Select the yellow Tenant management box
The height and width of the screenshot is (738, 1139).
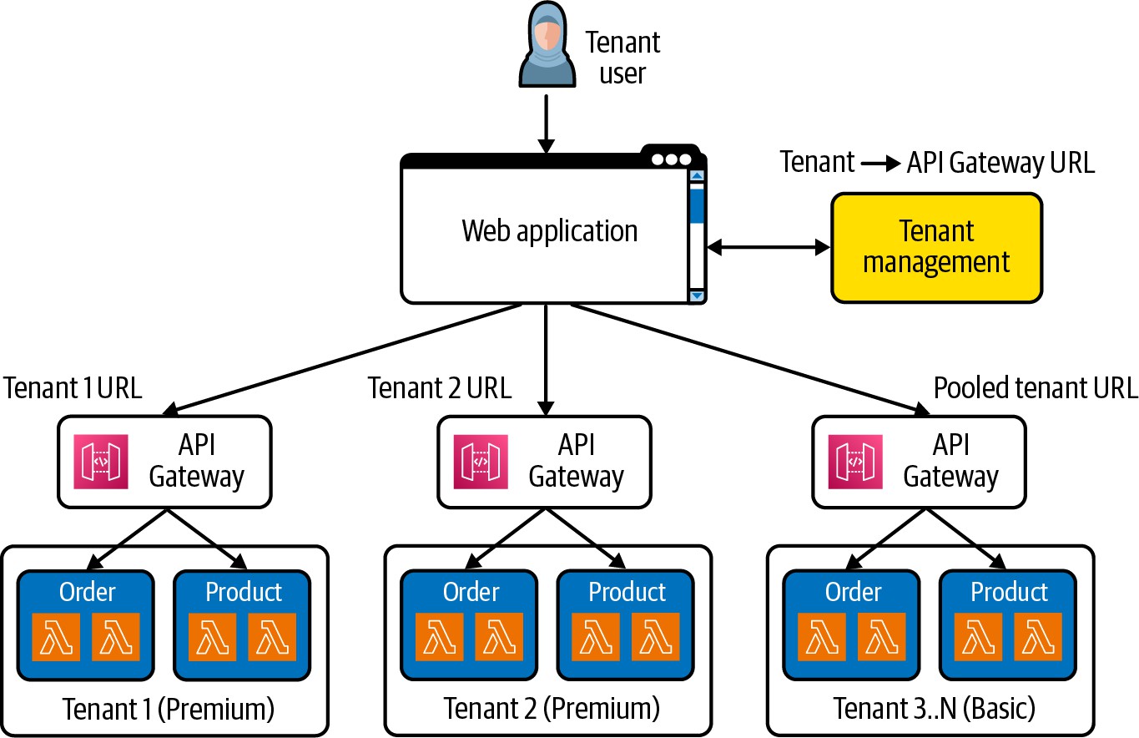click(936, 247)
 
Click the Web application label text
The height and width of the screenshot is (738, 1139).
click(549, 230)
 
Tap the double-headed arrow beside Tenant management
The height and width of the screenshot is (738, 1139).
click(769, 247)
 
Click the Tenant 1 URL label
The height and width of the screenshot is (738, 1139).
click(73, 388)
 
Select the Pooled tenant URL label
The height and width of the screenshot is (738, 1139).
click(1035, 388)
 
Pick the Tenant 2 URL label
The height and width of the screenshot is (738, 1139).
click(440, 388)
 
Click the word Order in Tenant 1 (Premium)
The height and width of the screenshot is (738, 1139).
click(88, 592)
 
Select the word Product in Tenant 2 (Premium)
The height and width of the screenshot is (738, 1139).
click(627, 592)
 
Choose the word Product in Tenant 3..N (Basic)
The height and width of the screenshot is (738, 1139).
click(1009, 592)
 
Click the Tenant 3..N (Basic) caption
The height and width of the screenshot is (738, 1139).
click(934, 709)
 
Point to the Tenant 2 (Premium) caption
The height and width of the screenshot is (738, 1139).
click(552, 709)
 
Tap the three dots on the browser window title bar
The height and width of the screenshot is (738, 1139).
click(672, 159)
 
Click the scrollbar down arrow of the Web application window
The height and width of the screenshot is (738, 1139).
click(697, 296)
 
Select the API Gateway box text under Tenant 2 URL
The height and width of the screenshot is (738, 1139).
click(576, 461)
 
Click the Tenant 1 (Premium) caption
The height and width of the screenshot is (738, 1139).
click(169, 709)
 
